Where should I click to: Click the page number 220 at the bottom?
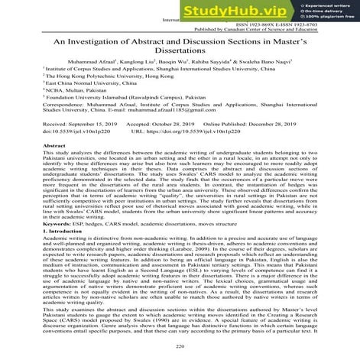click(180, 347)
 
